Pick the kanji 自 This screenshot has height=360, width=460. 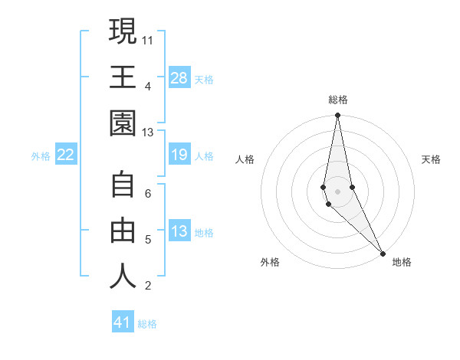[123, 185]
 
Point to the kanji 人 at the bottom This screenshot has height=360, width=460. [123, 277]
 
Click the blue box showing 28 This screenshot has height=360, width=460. [179, 77]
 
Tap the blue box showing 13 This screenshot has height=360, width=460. [179, 232]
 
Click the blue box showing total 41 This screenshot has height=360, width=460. [123, 322]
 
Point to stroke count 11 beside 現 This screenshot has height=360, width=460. [148, 38]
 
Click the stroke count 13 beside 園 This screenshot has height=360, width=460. [148, 133]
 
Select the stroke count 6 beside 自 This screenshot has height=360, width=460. [148, 194]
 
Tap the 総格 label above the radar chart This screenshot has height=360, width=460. [338, 100]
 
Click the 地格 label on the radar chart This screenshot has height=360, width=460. [402, 262]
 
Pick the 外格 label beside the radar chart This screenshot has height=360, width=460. [270, 262]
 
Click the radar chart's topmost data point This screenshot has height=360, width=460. [337, 116]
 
